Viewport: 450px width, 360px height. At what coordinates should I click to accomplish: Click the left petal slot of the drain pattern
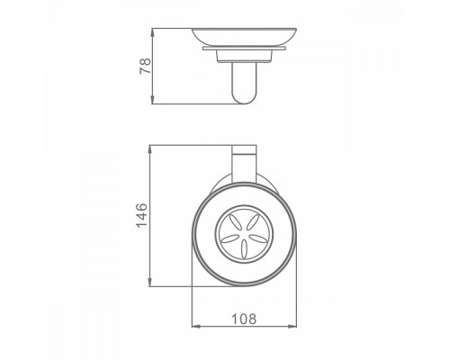(x=225, y=233)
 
